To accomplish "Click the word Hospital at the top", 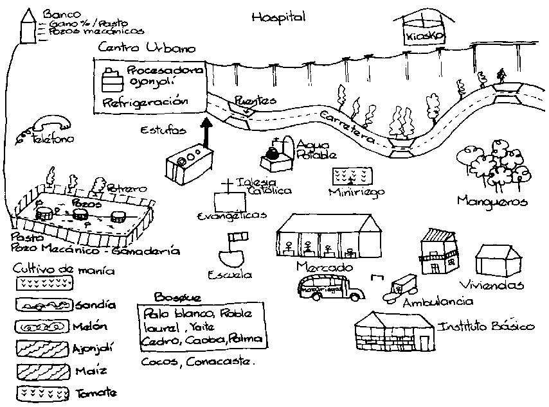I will click(x=278, y=17).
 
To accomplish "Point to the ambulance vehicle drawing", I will click(x=399, y=287).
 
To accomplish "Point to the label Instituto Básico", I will click(x=486, y=327).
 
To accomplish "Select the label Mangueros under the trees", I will click(x=492, y=202).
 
